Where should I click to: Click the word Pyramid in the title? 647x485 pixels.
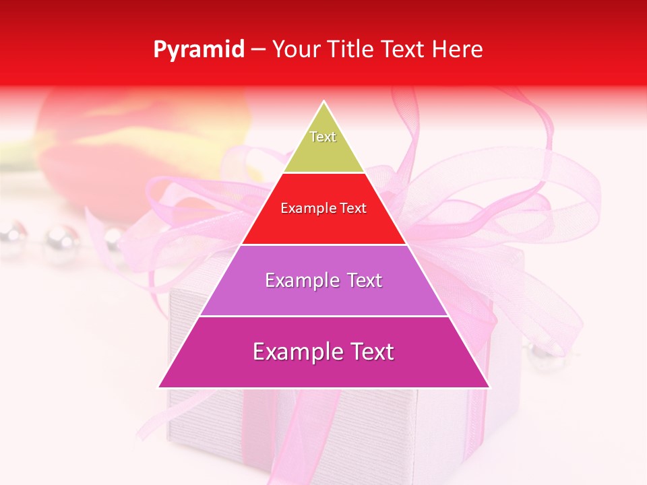pyautogui.click(x=199, y=50)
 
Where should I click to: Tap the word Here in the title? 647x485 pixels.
pyautogui.click(x=458, y=50)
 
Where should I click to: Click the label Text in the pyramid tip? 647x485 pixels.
pyautogui.click(x=323, y=137)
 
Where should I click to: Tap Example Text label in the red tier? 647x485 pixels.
pyautogui.click(x=323, y=208)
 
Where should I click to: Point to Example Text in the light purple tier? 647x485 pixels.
pyautogui.click(x=323, y=280)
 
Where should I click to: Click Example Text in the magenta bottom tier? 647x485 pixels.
pyautogui.click(x=323, y=352)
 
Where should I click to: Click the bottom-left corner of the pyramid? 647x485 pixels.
pyautogui.click(x=159, y=387)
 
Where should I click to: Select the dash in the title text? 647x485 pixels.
pyautogui.click(x=258, y=50)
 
